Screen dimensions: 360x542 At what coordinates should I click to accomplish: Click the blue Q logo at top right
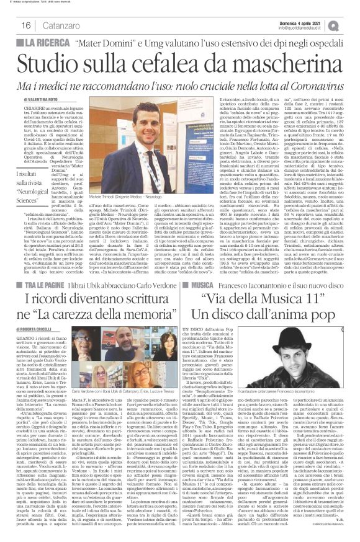point(351,24)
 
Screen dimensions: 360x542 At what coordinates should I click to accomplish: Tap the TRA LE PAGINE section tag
point(43,283)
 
